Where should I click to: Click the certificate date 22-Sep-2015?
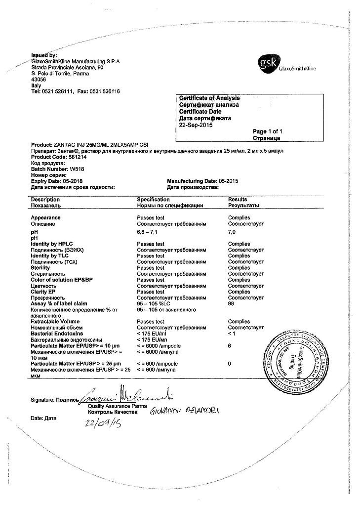click(x=196, y=125)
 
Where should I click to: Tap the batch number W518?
click(x=78, y=169)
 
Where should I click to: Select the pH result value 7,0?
click(x=232, y=231)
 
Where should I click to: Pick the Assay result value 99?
click(x=231, y=303)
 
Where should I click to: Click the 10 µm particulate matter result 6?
click(x=230, y=346)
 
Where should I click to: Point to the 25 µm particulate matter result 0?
click(x=230, y=364)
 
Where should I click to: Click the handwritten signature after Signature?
click(x=123, y=395)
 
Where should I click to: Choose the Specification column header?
click(x=154, y=199)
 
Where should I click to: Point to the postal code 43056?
click(x=39, y=79)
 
